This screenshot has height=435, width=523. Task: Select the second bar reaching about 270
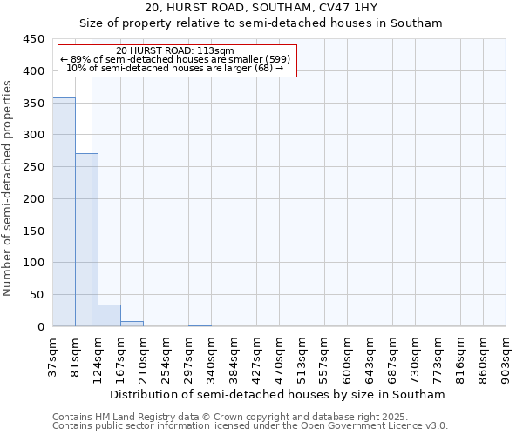(86, 239)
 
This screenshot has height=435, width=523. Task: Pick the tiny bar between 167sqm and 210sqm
(132, 324)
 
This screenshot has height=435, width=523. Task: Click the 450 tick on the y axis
(34, 39)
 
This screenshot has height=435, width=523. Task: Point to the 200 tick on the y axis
(34, 199)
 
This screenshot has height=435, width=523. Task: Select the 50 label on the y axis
(37, 295)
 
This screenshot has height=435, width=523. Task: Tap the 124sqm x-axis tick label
(98, 358)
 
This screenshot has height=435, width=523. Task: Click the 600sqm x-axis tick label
(348, 358)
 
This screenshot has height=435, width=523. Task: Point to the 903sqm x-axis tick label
(506, 358)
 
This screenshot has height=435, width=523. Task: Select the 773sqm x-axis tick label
(438, 358)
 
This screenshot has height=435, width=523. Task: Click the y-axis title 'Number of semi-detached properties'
(8, 188)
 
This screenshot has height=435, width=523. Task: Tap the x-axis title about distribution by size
(278, 394)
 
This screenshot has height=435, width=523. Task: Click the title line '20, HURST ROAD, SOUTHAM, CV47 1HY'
(261, 9)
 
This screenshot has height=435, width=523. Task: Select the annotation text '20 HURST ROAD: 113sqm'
(175, 51)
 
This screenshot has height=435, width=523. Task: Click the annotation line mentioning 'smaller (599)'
(175, 59)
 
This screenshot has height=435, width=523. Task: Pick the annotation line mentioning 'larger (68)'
(175, 68)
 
